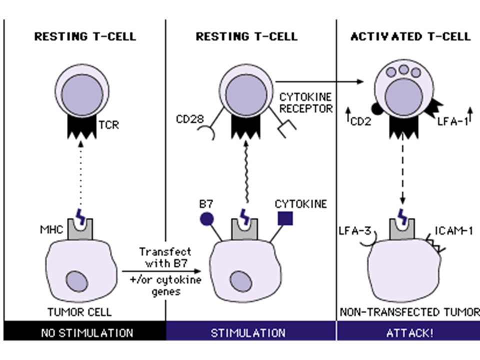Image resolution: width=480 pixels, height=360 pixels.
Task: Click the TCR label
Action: coord(108,125)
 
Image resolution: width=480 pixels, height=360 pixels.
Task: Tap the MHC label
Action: coord(51,229)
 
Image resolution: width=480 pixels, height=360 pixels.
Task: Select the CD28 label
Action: coord(190,119)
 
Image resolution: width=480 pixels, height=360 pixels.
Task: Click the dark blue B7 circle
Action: coord(206,219)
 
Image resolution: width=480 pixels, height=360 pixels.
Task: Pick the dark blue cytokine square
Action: coord(285,218)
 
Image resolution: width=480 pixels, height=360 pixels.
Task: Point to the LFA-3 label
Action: coord(355,230)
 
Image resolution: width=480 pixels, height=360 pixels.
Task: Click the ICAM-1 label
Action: coord(454,230)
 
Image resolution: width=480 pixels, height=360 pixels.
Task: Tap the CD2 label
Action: coord(360,121)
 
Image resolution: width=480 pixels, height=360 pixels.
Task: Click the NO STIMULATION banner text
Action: coord(87,333)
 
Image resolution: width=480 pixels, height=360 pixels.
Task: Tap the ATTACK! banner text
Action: coord(410,333)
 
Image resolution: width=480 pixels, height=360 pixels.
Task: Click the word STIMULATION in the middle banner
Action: coord(248,333)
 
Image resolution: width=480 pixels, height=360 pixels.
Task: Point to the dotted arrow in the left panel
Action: coord(80,174)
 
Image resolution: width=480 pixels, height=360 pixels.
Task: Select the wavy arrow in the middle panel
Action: coord(246,172)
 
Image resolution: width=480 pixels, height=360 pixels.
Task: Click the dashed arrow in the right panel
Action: coord(402,170)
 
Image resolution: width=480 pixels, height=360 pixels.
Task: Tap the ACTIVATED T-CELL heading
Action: coord(410,36)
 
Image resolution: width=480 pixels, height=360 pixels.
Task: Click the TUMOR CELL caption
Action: coord(79,312)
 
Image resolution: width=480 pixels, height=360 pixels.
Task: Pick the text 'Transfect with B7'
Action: coord(165,257)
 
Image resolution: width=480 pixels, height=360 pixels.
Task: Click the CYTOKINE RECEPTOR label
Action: coord(306,103)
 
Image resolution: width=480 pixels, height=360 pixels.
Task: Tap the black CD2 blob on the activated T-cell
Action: coord(377,109)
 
